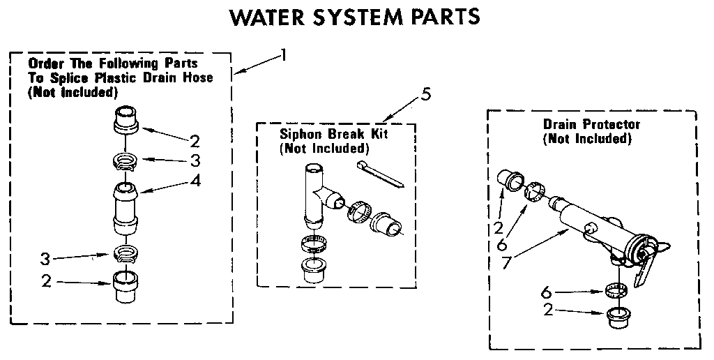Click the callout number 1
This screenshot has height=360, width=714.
click(x=282, y=54)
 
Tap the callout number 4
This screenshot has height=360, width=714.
click(x=196, y=181)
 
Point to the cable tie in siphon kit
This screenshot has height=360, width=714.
click(x=379, y=173)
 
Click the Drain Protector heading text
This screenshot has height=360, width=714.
click(x=591, y=125)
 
